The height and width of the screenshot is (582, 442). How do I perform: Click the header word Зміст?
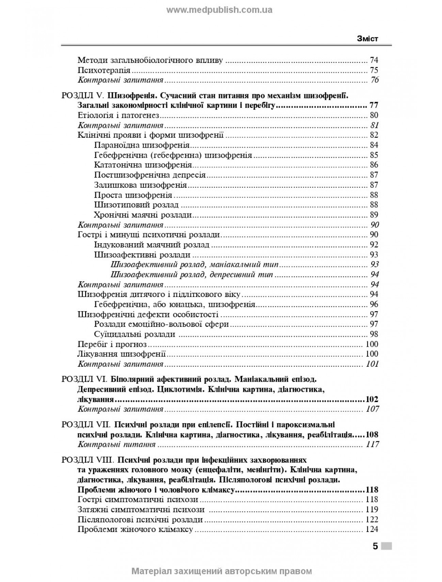(x=367, y=39)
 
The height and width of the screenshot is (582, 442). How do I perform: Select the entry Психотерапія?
(x=104, y=70)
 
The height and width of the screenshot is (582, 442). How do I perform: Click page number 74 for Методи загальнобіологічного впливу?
(x=374, y=61)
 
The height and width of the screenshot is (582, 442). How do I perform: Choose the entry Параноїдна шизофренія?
(x=142, y=145)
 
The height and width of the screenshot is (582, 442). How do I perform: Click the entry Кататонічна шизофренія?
(x=143, y=165)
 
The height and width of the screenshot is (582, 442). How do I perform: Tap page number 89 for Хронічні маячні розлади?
(x=374, y=215)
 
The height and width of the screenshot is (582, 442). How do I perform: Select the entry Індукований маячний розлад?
(x=152, y=245)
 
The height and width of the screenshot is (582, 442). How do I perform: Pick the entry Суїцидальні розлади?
(x=135, y=334)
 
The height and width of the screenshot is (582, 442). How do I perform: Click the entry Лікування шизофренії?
(x=122, y=354)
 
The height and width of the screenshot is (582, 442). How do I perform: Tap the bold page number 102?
(x=372, y=399)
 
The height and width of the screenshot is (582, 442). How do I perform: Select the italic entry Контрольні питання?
(x=116, y=445)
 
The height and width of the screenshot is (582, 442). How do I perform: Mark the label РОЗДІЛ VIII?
(x=88, y=460)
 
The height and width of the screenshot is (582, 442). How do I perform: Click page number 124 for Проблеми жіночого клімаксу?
(x=372, y=529)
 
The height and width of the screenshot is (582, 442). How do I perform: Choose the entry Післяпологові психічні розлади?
(x=140, y=519)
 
